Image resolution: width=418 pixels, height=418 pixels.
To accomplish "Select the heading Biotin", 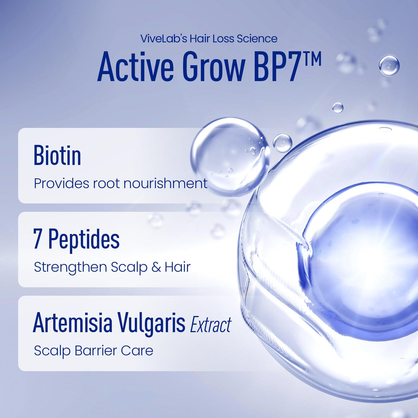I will (57, 156).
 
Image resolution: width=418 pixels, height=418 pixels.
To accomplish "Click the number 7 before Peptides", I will (38, 240).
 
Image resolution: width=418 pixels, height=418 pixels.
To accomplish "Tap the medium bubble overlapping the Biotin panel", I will (230, 156).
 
